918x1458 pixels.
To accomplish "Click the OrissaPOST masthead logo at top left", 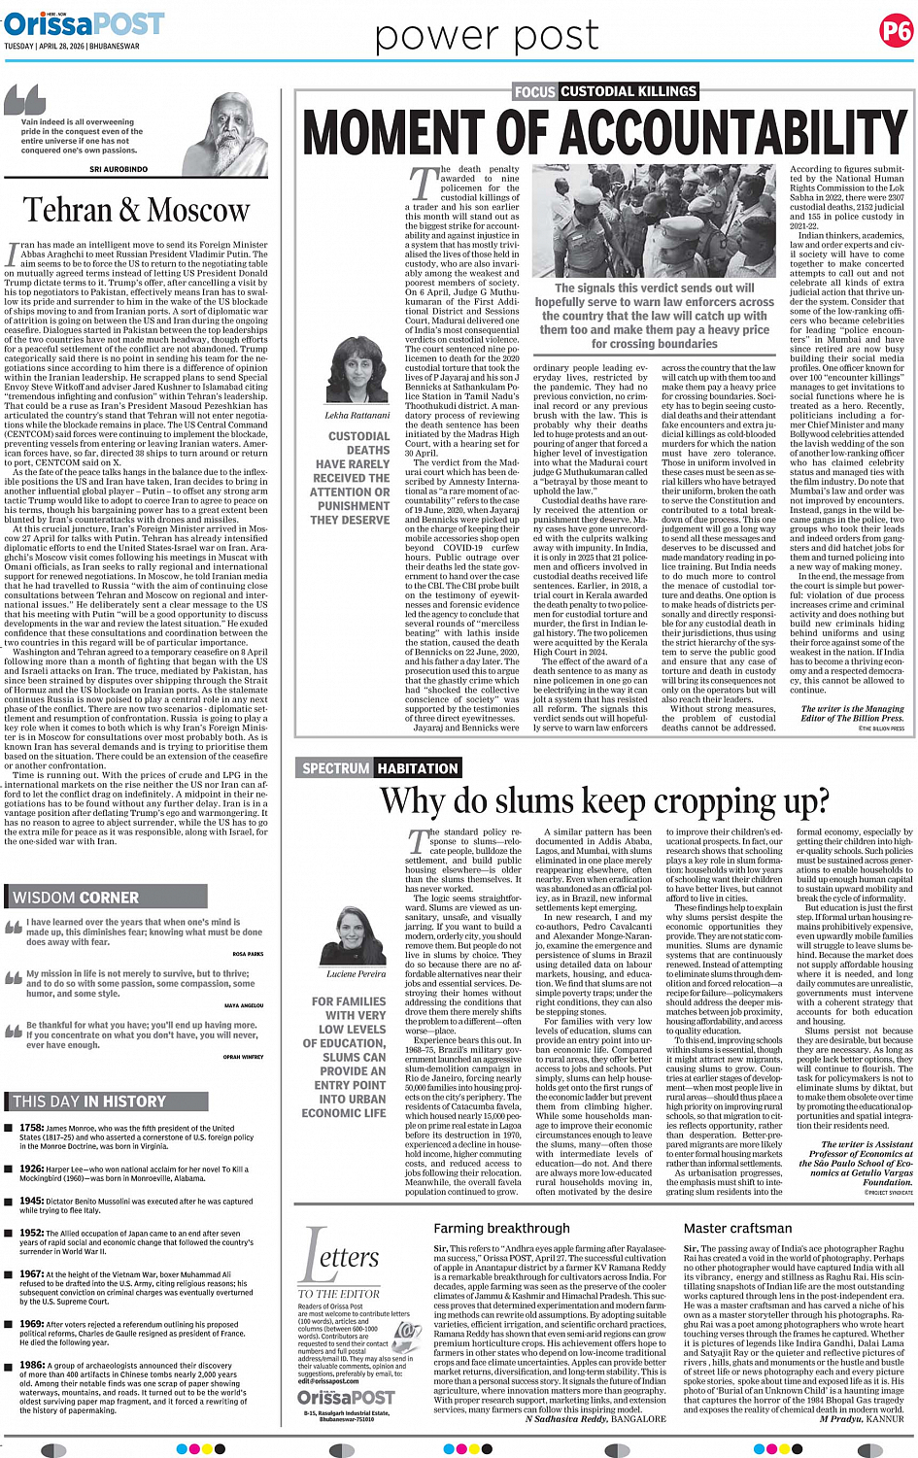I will tap(84, 23).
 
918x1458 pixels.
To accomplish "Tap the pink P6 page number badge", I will tap(895, 33).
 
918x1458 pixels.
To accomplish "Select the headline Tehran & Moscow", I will tap(136, 210).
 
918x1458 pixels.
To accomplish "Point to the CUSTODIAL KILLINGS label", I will tap(629, 91).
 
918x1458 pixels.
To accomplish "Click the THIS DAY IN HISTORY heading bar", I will tap(89, 1102).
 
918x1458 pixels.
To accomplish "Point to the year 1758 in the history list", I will tap(31, 1128).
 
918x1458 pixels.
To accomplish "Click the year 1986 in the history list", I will tap(31, 1365).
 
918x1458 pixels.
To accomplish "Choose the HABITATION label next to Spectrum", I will tap(418, 768).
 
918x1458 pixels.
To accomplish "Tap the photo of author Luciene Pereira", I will tap(356, 935).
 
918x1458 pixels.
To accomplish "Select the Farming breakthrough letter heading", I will tap(501, 1228).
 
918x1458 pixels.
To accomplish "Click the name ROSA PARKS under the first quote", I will tap(248, 954).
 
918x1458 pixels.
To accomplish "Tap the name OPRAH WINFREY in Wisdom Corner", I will tap(243, 1057).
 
